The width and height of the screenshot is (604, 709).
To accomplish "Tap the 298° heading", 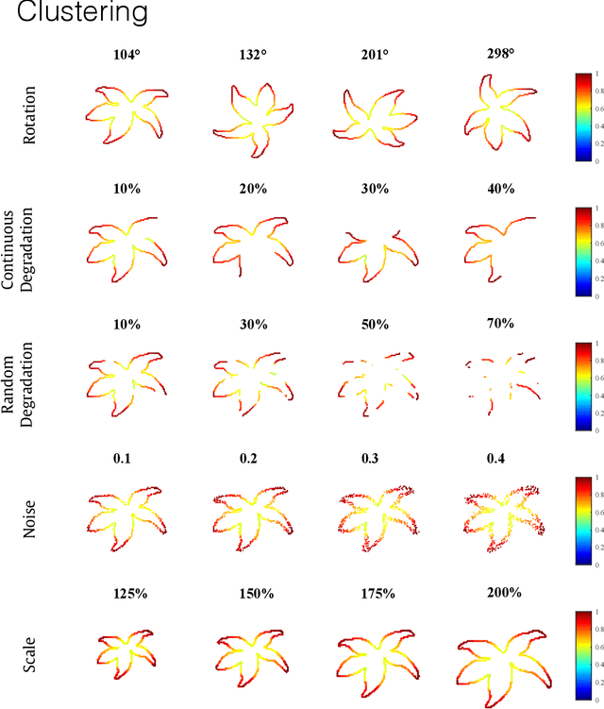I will (500, 55).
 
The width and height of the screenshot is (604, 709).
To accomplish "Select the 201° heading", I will (375, 55).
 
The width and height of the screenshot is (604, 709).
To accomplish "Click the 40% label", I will (500, 189).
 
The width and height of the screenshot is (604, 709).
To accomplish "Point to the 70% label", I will (500, 324).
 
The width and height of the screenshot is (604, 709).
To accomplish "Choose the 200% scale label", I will (500, 594).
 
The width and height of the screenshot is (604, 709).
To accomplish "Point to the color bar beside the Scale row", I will (582, 655).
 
